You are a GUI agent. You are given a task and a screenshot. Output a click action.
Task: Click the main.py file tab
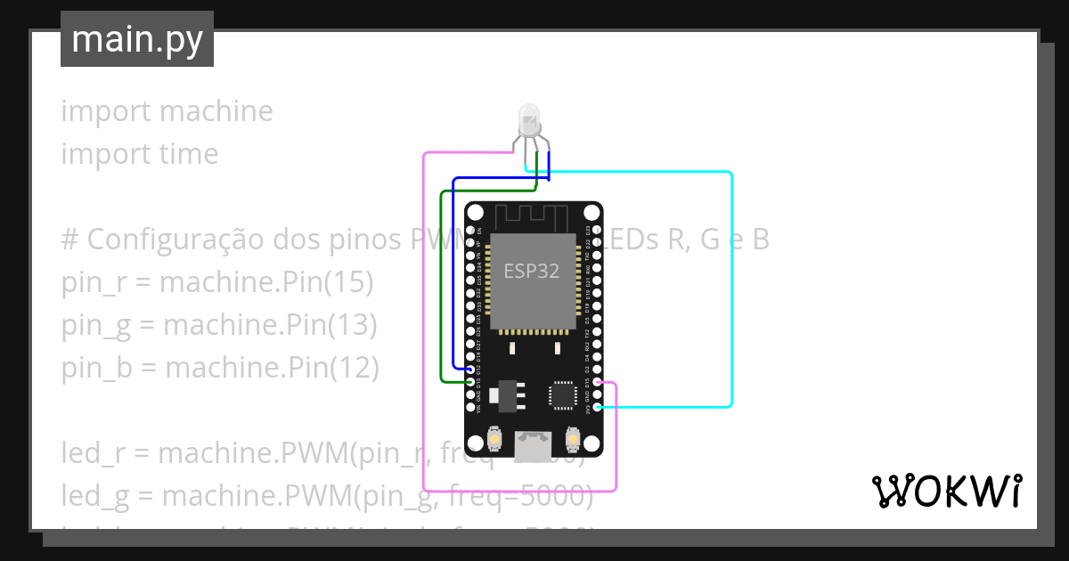point(136,39)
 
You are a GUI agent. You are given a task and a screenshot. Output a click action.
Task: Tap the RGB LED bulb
point(528,119)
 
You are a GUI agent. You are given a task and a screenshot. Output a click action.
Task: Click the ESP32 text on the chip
point(532,272)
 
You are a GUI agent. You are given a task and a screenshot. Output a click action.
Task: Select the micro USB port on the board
point(533,441)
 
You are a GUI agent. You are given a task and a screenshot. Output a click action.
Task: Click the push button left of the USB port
point(495,439)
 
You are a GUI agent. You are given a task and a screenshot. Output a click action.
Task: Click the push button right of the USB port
point(571,439)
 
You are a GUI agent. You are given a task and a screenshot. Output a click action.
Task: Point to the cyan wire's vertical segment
point(731,285)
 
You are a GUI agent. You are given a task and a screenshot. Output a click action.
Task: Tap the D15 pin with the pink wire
point(596,383)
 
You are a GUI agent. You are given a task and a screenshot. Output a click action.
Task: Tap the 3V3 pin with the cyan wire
point(596,407)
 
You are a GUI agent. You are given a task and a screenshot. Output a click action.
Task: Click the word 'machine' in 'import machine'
point(216,111)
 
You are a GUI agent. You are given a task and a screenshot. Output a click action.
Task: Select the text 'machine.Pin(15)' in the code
point(266,282)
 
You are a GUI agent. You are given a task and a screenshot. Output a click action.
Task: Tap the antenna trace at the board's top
point(532,214)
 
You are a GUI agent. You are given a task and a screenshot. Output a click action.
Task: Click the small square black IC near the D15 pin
point(562,394)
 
